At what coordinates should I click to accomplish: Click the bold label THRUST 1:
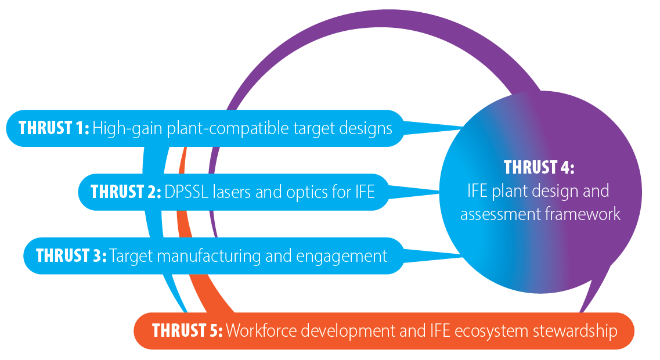tap(54, 128)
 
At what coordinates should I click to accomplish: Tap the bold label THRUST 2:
tap(126, 192)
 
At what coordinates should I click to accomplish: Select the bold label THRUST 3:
tap(71, 256)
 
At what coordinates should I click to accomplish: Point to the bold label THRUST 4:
tap(539, 168)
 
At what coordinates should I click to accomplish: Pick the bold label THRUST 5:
tap(187, 330)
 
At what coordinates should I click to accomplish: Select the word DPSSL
tap(186, 192)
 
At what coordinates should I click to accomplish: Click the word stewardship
tap(575, 331)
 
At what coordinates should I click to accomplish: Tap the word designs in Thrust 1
tap(365, 128)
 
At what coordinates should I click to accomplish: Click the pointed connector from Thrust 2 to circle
tap(413, 192)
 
